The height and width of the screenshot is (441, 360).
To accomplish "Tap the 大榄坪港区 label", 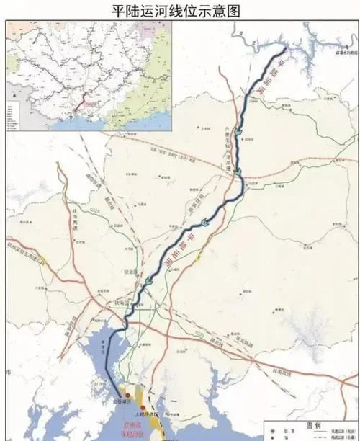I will [x=145, y=416].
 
